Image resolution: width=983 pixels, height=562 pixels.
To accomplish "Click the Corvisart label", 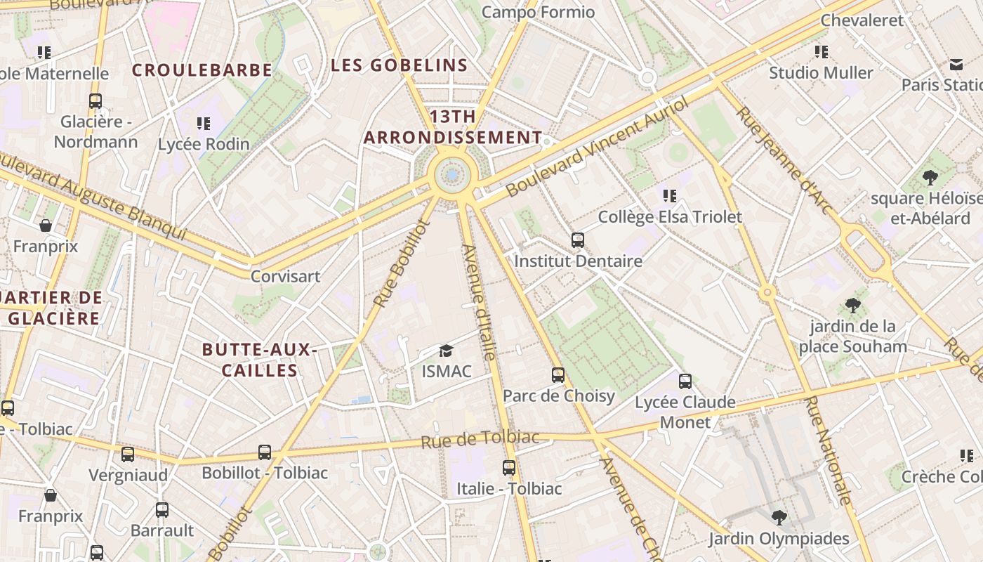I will point(285,276).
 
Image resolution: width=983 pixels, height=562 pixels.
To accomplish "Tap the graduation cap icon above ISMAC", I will point(446,351).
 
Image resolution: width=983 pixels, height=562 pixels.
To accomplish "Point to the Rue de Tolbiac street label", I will point(480,440).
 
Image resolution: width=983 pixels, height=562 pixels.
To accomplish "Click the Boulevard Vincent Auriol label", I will point(598,147).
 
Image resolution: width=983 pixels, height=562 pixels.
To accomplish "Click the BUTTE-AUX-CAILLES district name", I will point(260,360).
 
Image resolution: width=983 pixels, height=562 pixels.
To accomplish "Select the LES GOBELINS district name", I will point(399,65).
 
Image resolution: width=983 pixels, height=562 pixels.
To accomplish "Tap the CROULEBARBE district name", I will point(202,70).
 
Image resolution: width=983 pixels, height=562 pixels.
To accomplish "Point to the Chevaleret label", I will point(862,20).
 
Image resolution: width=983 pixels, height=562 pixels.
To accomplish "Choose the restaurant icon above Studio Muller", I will point(821,52).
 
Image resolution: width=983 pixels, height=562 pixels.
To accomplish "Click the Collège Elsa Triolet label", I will point(669,217).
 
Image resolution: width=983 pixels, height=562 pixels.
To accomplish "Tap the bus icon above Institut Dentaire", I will point(578,240).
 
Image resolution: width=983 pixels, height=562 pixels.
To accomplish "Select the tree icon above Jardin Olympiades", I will point(778,518).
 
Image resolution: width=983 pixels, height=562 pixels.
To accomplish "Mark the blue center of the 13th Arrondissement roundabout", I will point(452,175).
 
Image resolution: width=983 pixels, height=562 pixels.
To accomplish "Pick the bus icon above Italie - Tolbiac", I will point(509,467).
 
